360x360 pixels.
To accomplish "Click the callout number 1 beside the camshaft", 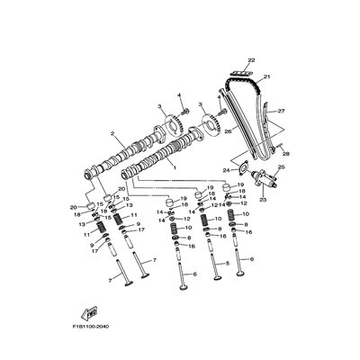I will pos(174,167).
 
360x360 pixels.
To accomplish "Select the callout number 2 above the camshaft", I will pos(112,134).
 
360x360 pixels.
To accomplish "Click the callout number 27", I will pos(282,111).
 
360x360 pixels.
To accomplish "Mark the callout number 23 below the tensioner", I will pos(264,201).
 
